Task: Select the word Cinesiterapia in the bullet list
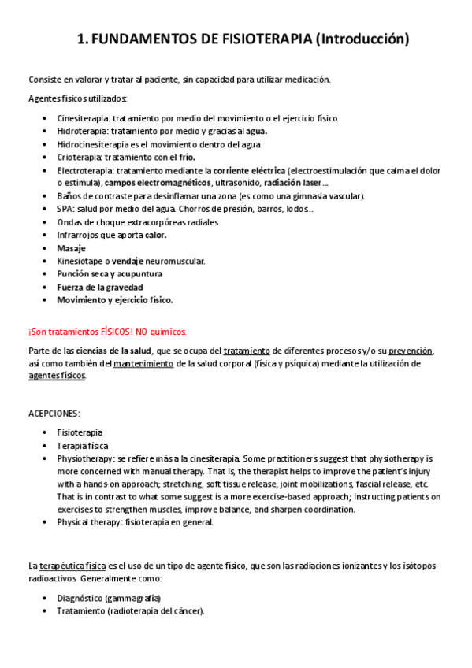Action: pyautogui.click(x=82, y=118)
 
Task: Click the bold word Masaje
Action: pyautogui.click(x=71, y=247)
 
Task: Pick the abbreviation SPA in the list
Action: pyautogui.click(x=65, y=209)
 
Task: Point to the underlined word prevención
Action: pyautogui.click(x=410, y=351)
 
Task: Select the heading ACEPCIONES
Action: pyautogui.click(x=54, y=413)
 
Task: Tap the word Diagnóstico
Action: pyautogui.click(x=82, y=598)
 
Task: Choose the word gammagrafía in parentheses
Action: pyautogui.click(x=142, y=598)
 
